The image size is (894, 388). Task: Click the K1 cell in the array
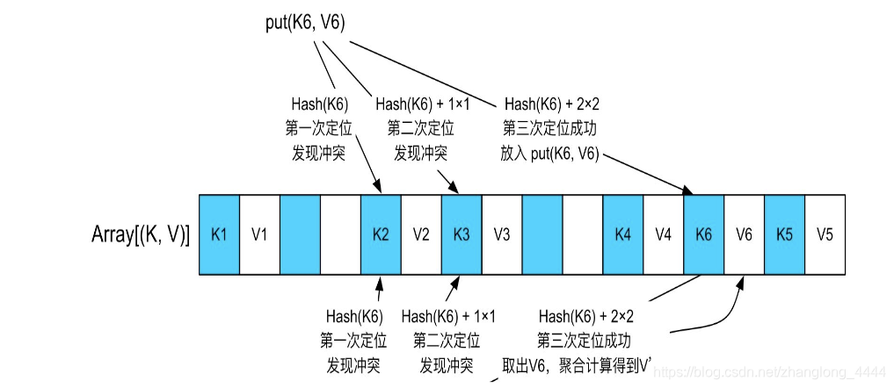click(x=219, y=235)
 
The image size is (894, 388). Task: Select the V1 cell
click(x=259, y=235)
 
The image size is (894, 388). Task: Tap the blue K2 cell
click(x=381, y=235)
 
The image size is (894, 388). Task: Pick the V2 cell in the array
click(x=421, y=235)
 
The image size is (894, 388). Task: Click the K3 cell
click(x=462, y=235)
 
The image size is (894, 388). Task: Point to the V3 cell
click(x=502, y=235)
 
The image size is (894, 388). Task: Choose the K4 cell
click(x=623, y=235)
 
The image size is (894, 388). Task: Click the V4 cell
click(x=664, y=235)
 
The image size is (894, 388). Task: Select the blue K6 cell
click(x=703, y=235)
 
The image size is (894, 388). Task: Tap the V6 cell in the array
click(x=744, y=235)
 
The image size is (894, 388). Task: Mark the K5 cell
click(x=784, y=235)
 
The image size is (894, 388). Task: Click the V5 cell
click(x=825, y=235)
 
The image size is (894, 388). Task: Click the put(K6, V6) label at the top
click(x=305, y=24)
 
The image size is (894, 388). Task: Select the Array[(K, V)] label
click(x=141, y=235)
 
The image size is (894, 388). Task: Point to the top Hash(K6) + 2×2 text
click(x=550, y=104)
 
